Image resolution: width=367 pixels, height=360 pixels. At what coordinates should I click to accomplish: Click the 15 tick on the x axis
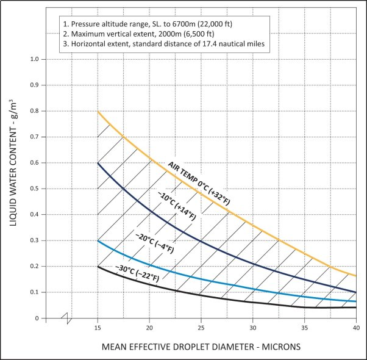click(x=98, y=328)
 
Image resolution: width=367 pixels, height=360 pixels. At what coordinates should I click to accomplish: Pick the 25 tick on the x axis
click(x=201, y=328)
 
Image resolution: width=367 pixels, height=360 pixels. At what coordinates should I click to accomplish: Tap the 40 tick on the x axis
click(x=357, y=328)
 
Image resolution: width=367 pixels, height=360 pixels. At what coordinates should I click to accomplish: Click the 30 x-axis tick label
click(x=253, y=328)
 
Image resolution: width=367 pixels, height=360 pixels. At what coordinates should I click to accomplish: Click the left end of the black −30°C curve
click(x=98, y=267)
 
